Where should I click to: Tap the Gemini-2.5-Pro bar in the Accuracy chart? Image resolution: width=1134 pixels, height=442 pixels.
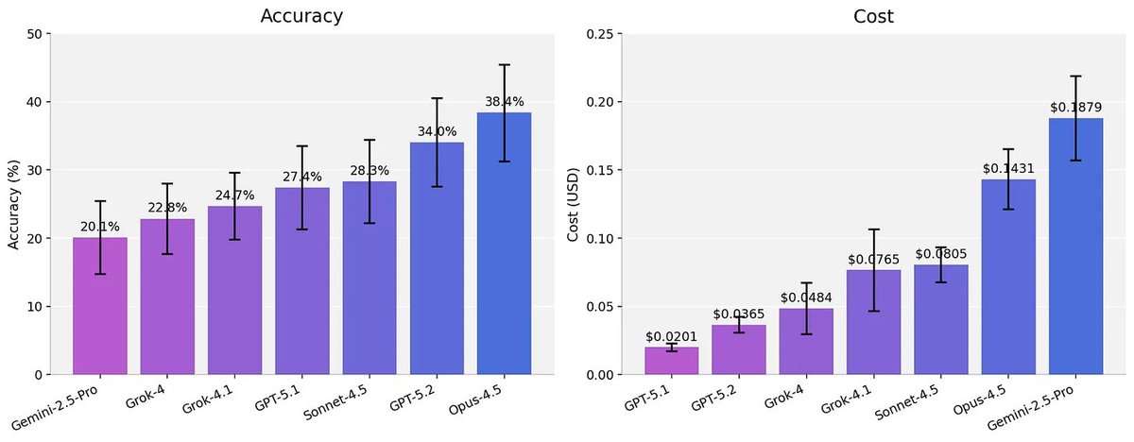click(x=99, y=306)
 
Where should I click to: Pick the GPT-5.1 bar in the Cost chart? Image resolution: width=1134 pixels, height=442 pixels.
click(x=672, y=362)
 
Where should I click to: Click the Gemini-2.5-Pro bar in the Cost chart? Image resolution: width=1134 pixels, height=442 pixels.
click(x=1076, y=246)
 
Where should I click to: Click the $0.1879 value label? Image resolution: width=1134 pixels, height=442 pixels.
click(x=1076, y=108)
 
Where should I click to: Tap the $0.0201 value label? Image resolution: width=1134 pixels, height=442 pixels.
click(x=672, y=336)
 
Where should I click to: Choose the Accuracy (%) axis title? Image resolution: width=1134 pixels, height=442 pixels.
click(x=13, y=204)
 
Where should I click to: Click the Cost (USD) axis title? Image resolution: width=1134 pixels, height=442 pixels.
click(x=573, y=204)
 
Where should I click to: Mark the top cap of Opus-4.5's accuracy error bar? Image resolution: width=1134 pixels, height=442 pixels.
click(x=504, y=65)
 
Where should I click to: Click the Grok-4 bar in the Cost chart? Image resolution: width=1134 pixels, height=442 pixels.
click(x=806, y=342)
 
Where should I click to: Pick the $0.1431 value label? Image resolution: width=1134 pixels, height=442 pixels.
click(x=1008, y=168)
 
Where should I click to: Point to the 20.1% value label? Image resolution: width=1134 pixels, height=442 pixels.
click(x=99, y=227)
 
